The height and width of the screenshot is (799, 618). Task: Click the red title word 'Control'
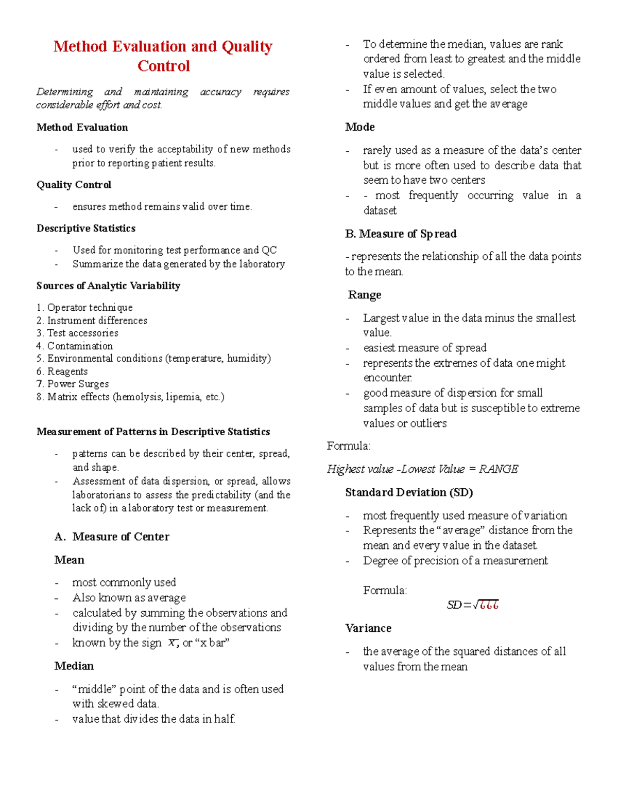pos(164,66)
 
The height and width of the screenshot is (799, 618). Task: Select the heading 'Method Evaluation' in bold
pos(82,128)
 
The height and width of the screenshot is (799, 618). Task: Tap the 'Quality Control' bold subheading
pos(74,185)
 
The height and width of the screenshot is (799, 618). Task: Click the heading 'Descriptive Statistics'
pos(86,228)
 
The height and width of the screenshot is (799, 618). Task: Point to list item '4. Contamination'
pos(75,346)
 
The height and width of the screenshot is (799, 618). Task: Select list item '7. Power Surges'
pos(73,384)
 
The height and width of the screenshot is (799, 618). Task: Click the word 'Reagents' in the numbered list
pos(67,371)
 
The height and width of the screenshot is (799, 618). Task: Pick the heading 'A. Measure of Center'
pos(112,537)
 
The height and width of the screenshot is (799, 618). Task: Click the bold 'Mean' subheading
pos(69,560)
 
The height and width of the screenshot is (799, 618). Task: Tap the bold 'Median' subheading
pos(74,666)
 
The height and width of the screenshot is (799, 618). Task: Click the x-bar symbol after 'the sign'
pos(173,643)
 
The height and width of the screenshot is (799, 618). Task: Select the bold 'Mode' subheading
pos(360,127)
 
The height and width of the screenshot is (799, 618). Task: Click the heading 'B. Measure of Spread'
pos(401,234)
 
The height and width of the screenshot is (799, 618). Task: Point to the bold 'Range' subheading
pos(365,295)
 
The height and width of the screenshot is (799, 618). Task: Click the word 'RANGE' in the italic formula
pos(499,469)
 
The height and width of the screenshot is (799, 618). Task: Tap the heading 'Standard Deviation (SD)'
pos(409,493)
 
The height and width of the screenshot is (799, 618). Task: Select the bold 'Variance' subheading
pos(368,629)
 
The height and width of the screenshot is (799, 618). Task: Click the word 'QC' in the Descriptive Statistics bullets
pos(269,251)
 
